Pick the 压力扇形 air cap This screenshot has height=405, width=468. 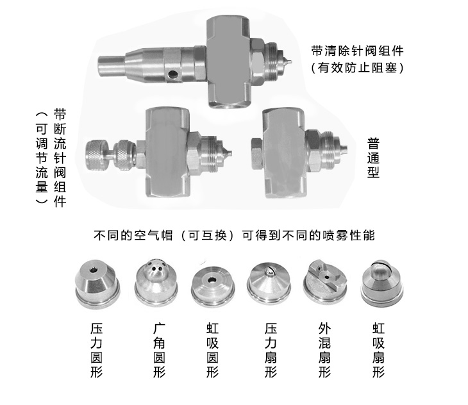[x=269, y=283]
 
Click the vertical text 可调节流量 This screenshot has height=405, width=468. [x=41, y=157]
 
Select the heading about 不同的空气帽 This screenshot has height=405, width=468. [x=233, y=235]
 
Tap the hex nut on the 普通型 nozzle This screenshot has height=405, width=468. [x=253, y=151]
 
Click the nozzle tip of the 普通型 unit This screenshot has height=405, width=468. [x=344, y=150]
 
